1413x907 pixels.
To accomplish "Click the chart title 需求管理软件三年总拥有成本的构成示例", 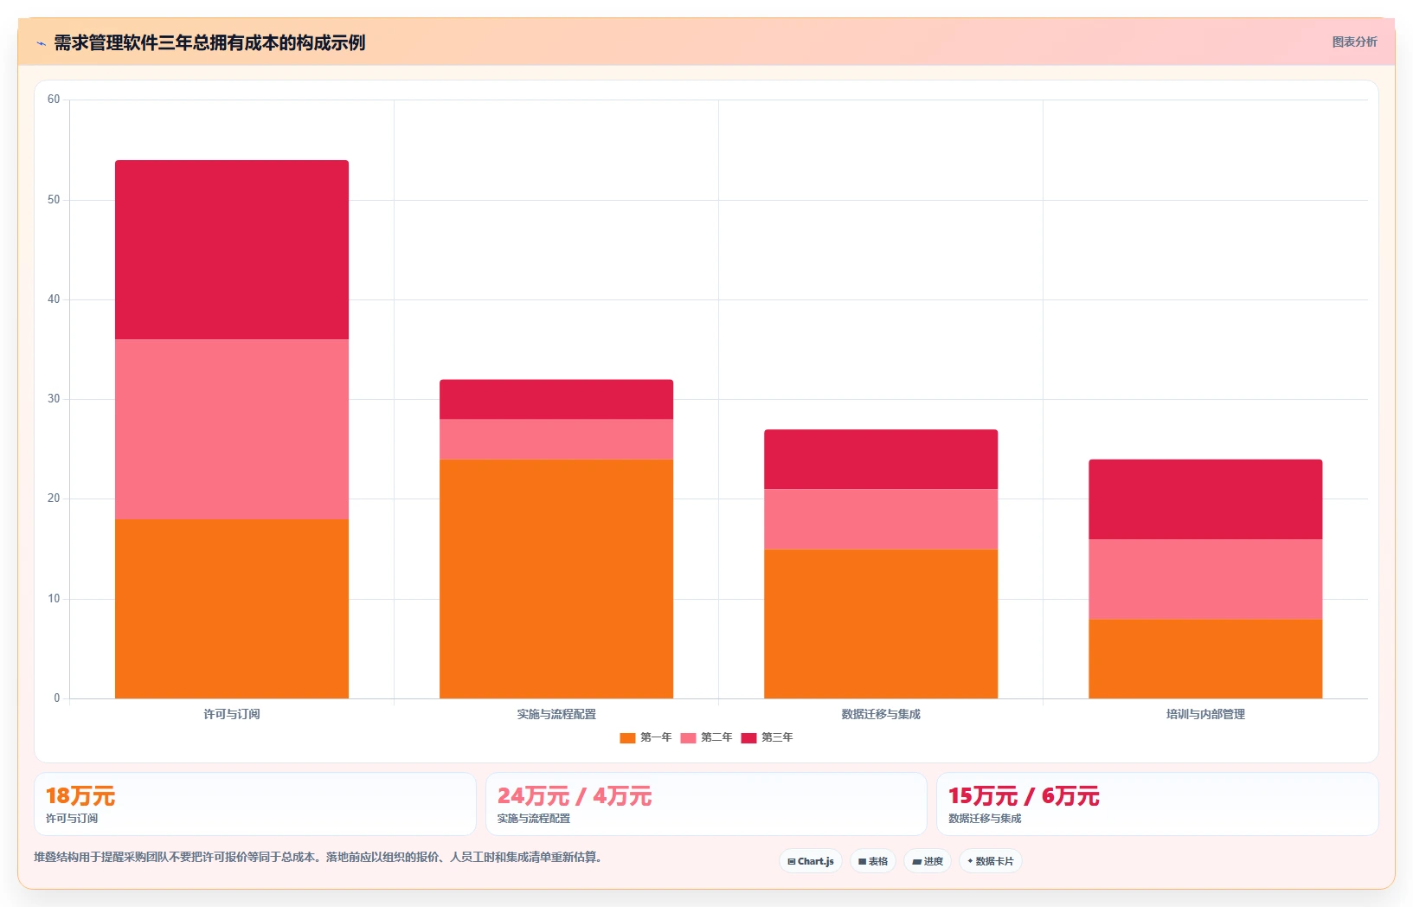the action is pyautogui.click(x=209, y=43).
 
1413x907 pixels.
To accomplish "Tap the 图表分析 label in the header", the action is pyautogui.click(x=1354, y=42).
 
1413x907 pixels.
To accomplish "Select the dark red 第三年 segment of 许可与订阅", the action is pyautogui.click(x=232, y=250).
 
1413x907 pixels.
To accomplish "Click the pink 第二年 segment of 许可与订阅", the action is pyautogui.click(x=232, y=429).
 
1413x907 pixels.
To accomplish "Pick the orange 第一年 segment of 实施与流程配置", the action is pyautogui.click(x=556, y=578).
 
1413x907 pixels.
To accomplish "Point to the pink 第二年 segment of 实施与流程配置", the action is pyautogui.click(x=556, y=439).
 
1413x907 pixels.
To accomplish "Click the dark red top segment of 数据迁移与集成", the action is pyautogui.click(x=881, y=460).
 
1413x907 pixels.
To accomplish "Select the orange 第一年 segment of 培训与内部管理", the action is pyautogui.click(x=1205, y=659).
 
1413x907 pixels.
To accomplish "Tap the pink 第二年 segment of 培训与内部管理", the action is pyautogui.click(x=1205, y=579).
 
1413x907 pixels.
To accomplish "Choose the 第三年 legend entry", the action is pyautogui.click(x=767, y=737).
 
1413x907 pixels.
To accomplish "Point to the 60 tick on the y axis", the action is pyautogui.click(x=54, y=99).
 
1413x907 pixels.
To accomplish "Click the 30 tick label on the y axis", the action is pyautogui.click(x=54, y=399).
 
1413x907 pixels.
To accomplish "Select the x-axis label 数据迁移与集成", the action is pyautogui.click(x=881, y=714).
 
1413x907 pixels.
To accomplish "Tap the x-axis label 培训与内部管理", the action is pyautogui.click(x=1205, y=714).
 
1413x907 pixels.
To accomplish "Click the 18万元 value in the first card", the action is pyautogui.click(x=80, y=796).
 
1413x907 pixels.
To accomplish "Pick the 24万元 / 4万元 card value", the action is pyautogui.click(x=574, y=796).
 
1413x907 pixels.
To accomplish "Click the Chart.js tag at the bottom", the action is pyautogui.click(x=811, y=861).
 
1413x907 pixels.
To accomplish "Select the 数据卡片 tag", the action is pyautogui.click(x=991, y=861).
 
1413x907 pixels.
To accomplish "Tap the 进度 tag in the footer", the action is pyautogui.click(x=928, y=861).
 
